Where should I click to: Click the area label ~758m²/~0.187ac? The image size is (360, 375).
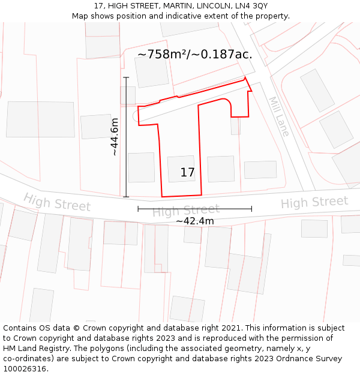click(x=195, y=55)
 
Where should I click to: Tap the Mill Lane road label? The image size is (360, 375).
click(x=278, y=116)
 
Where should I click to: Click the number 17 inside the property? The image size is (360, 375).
click(x=187, y=173)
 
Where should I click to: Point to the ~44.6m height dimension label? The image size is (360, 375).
click(x=114, y=137)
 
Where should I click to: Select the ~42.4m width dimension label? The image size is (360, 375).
click(x=194, y=221)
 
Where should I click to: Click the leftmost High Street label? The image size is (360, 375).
click(x=57, y=202)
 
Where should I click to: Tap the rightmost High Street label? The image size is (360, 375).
click(x=314, y=203)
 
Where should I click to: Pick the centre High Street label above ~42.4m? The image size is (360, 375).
click(x=185, y=211)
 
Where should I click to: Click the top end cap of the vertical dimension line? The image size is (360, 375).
click(x=126, y=77)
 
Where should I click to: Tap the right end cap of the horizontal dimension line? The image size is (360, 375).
click(x=251, y=209)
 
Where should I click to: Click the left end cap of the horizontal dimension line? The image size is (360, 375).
click(x=138, y=209)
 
